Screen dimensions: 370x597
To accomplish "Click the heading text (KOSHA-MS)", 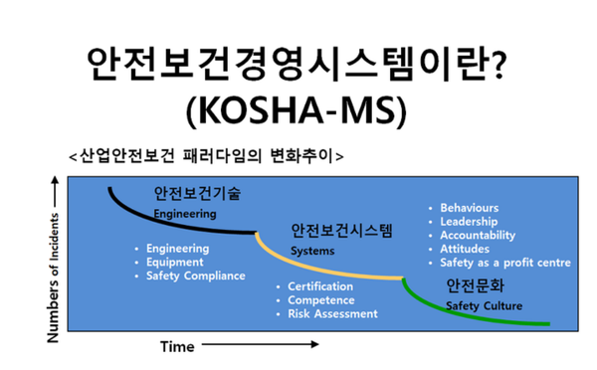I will click(x=298, y=110).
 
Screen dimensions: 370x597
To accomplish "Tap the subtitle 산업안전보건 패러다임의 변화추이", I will click(x=206, y=155).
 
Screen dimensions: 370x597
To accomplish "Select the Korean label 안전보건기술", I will click(x=197, y=191).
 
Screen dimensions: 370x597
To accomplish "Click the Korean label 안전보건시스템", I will click(x=342, y=232).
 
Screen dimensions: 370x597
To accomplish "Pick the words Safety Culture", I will click(x=483, y=305).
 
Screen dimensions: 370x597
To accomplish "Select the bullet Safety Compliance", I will click(x=195, y=276).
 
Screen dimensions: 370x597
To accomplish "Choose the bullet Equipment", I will click(x=174, y=262).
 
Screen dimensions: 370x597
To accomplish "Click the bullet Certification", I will click(x=321, y=286).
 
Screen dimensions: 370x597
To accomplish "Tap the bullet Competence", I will click(x=322, y=300).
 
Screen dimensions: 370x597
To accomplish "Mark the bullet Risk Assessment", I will click(x=332, y=314).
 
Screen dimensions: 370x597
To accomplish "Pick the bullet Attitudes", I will click(x=464, y=250).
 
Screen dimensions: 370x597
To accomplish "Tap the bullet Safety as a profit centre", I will click(x=504, y=264).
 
